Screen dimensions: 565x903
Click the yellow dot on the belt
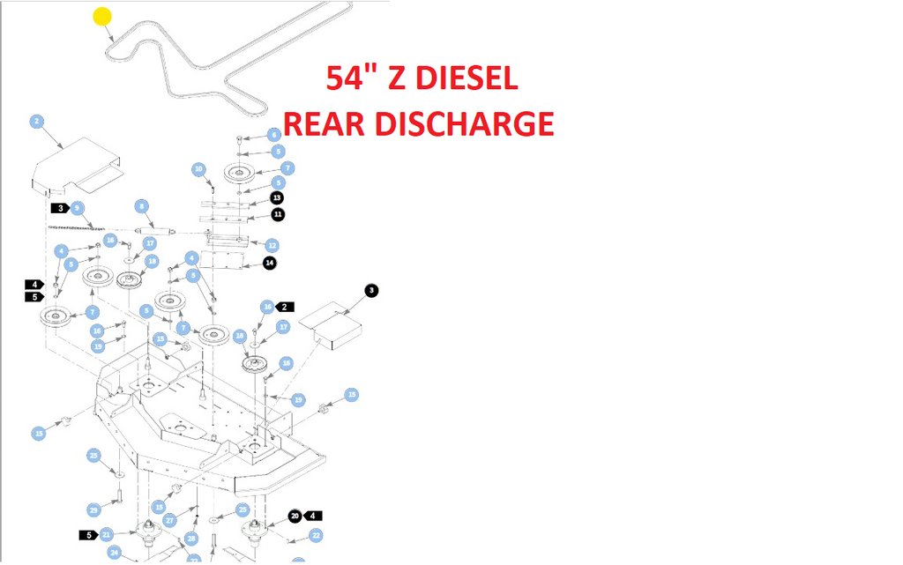click(x=102, y=17)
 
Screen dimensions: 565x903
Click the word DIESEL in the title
click(x=466, y=78)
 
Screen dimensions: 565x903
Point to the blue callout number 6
click(x=274, y=135)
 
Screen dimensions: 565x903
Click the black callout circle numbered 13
click(x=277, y=197)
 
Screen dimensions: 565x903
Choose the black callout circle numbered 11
click(x=278, y=214)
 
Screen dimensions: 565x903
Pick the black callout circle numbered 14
click(x=270, y=263)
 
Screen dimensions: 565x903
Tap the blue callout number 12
click(x=272, y=245)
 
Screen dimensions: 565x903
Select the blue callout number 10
click(x=199, y=168)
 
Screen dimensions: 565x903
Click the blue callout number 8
click(x=141, y=206)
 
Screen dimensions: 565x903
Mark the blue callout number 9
click(x=78, y=208)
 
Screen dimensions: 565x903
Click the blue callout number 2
click(x=37, y=122)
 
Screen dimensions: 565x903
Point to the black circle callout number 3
click(x=371, y=290)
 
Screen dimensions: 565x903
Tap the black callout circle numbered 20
click(x=295, y=516)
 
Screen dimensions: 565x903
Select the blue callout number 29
click(x=94, y=509)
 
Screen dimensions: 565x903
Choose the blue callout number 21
click(x=107, y=534)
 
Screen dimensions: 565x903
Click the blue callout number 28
click(x=191, y=539)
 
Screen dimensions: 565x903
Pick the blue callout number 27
click(x=170, y=521)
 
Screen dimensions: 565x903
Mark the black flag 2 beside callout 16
click(x=285, y=307)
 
